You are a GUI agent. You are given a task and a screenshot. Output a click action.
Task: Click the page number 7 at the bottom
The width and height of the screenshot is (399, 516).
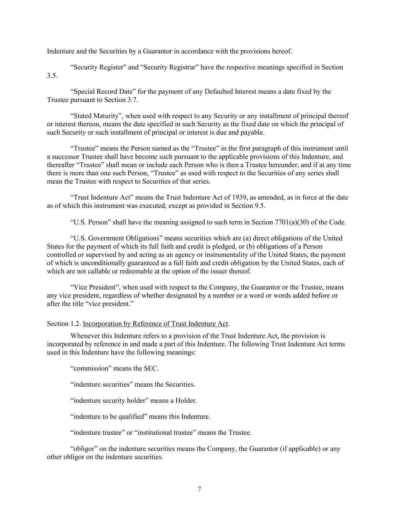click(x=199, y=489)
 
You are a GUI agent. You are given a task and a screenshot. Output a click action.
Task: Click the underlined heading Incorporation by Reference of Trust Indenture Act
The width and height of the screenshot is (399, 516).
click(x=155, y=324)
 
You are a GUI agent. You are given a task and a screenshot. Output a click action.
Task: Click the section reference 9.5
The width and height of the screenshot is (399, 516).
click(x=254, y=206)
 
